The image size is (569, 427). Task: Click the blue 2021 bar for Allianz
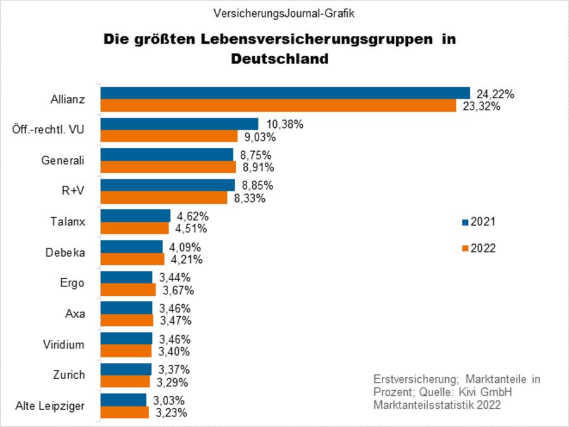[284, 93]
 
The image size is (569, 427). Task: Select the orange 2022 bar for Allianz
[278, 106]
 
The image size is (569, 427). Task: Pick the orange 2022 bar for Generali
[168, 167]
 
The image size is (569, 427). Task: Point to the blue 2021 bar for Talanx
[135, 216]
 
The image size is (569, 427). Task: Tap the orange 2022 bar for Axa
[127, 320]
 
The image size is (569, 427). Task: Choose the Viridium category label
[63, 344]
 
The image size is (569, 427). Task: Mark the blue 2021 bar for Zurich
[126, 369]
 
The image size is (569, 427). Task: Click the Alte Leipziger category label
[50, 405]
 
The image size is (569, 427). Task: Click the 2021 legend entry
[479, 222]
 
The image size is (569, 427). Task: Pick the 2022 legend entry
[479, 248]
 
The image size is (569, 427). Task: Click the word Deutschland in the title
[279, 59]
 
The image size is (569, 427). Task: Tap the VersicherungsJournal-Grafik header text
[284, 13]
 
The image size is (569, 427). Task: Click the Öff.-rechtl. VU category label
[48, 130]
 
